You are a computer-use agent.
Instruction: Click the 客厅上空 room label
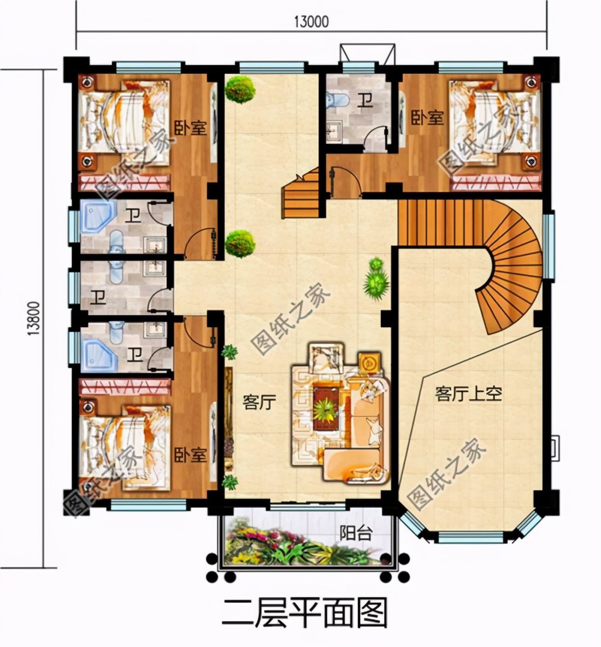click(x=468, y=393)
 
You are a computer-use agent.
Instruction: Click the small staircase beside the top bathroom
click(x=302, y=194)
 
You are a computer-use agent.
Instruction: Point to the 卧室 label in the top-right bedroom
click(x=427, y=117)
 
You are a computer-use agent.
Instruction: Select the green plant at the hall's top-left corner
click(x=240, y=89)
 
